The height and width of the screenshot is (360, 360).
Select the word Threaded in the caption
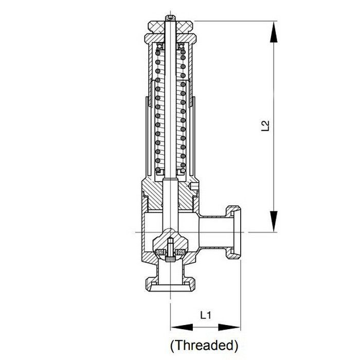coord(204,344)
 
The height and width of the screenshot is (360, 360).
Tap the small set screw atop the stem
coord(170,19)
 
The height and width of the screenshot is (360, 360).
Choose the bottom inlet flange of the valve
coord(170,283)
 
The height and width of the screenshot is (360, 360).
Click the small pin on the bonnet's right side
coord(194,184)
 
